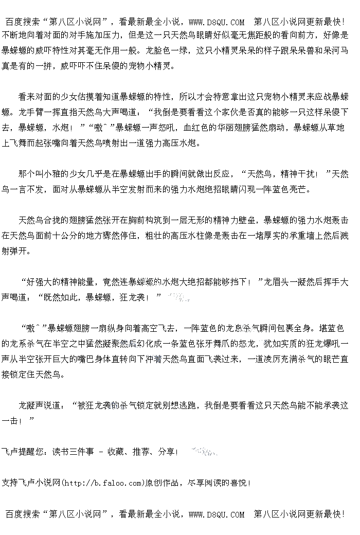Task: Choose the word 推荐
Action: coord(141,452)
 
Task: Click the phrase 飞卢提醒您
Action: coord(22,452)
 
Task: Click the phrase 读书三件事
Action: coord(73,452)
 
